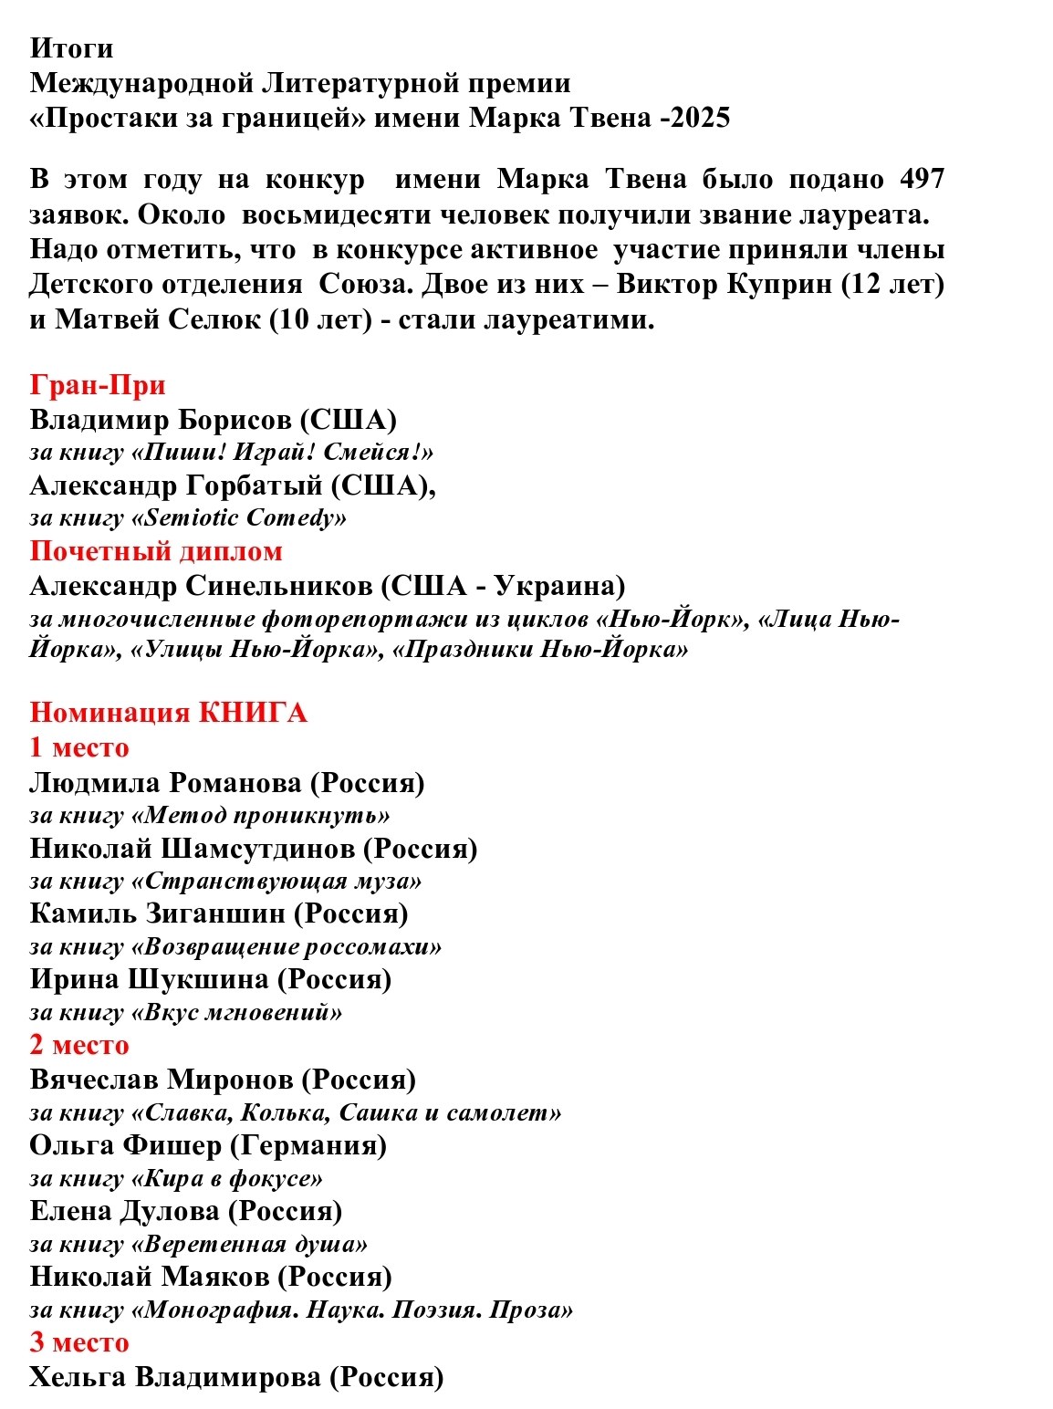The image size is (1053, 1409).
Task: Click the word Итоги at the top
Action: click(71, 47)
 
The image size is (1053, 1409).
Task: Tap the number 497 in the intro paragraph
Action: click(921, 179)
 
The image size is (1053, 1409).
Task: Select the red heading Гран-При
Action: click(98, 385)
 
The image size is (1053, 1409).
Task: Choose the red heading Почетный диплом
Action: click(156, 551)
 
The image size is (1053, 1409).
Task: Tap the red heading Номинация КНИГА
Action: click(168, 713)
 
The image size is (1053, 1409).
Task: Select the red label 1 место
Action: click(79, 747)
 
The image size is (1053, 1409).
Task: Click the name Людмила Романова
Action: click(165, 783)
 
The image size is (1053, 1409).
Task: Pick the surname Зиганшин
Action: click(215, 913)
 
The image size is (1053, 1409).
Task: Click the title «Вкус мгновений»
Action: click(237, 1012)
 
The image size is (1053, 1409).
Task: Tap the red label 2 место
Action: click(79, 1045)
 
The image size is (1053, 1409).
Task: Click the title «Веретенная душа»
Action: click(250, 1245)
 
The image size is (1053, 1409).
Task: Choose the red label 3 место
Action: click(79, 1342)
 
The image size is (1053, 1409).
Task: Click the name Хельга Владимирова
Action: click(174, 1377)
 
